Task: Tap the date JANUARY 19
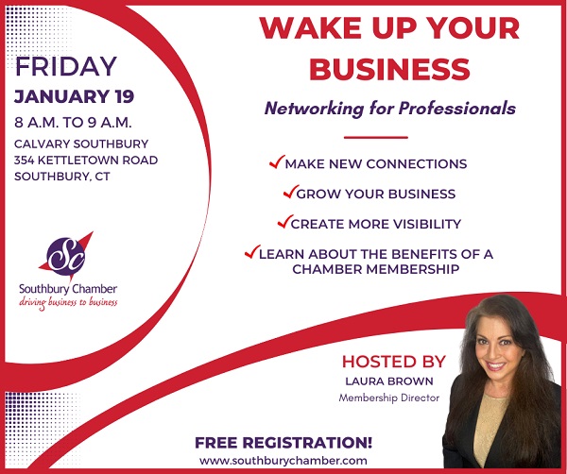74,96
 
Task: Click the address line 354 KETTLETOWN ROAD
86,160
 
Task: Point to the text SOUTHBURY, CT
62,177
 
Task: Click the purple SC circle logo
65,252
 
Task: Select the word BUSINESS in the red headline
389,68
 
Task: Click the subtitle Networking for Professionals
390,109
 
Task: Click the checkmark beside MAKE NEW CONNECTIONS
277,163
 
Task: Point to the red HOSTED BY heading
393,362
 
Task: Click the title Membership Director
388,398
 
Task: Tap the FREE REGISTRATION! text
283,442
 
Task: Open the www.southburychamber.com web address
283,459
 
